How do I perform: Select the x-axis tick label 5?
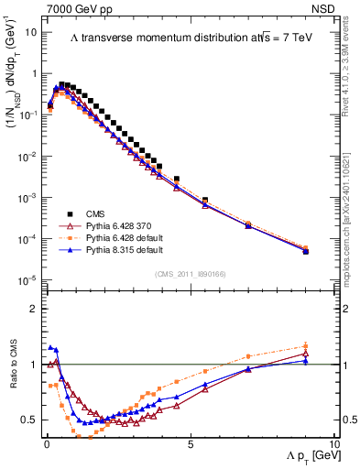point(190,443)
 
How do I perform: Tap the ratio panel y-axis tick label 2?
point(32,309)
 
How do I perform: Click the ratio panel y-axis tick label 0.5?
point(28,420)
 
